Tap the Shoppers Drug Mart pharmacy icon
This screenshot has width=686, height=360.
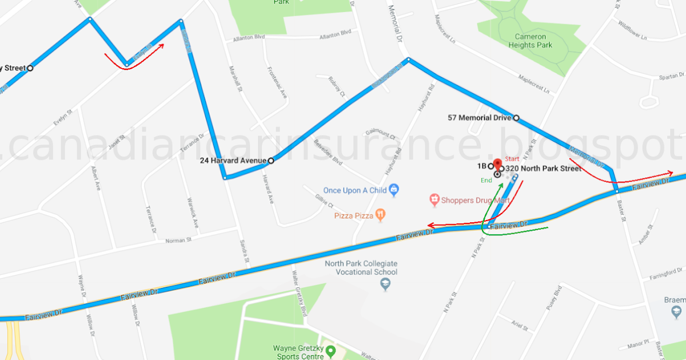(434, 199)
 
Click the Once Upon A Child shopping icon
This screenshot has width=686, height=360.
(394, 190)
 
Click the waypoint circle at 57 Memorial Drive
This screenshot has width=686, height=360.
(516, 118)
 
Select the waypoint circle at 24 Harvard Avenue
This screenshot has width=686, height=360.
(271, 161)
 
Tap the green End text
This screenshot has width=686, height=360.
(486, 181)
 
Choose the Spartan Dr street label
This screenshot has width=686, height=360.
(672, 75)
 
